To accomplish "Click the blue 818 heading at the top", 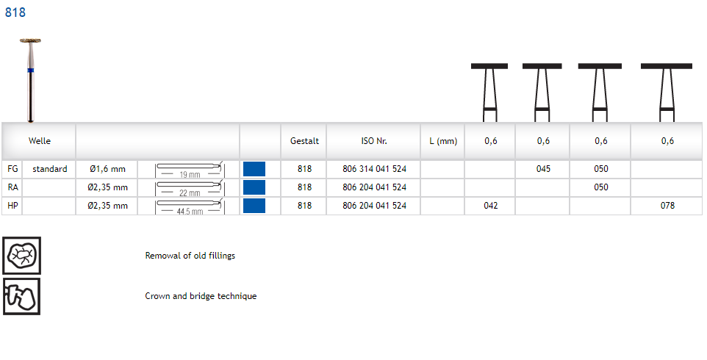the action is [x=15, y=12].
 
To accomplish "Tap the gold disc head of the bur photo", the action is [x=30, y=41].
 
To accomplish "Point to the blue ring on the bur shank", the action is [x=31, y=71].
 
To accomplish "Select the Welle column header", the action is [x=39, y=141].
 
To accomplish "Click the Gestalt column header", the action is [x=304, y=141].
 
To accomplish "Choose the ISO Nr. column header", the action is [x=374, y=141].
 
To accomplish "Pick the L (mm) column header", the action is [x=443, y=141].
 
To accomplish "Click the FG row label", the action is [x=12, y=169].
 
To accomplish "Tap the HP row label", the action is [x=12, y=206].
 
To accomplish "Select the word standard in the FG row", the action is [x=49, y=169].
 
